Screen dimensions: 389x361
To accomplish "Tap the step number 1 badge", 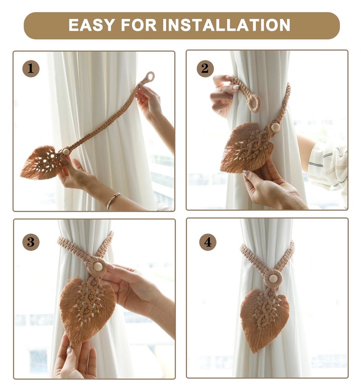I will point(31,69).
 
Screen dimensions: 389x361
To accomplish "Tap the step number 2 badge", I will point(205,69).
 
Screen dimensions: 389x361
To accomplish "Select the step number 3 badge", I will point(31,242).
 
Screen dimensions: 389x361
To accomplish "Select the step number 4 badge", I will point(208,242).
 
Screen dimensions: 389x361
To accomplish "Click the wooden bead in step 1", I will point(66,152).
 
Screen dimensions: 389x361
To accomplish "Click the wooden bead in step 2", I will point(275,127).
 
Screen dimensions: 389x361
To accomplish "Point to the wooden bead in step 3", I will point(97,266).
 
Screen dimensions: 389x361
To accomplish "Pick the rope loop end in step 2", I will point(254,103).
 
